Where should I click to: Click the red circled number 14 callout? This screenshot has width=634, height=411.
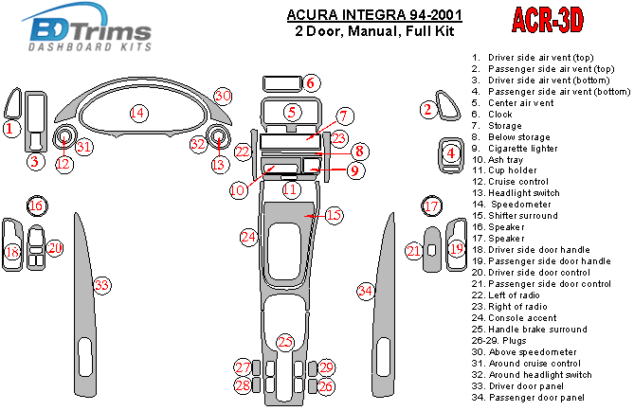138,114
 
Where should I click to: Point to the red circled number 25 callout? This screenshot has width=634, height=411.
285,341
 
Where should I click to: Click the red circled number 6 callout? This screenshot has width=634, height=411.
312,82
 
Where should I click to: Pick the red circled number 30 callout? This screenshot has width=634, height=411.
223,96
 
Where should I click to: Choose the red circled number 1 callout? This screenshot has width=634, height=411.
9,128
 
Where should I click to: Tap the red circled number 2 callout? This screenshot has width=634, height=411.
428,111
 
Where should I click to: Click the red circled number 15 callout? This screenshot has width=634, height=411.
334,216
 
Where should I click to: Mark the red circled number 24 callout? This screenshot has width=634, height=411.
248,236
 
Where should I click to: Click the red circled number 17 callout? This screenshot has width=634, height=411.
431,206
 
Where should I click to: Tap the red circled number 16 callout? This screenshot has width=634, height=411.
36,206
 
